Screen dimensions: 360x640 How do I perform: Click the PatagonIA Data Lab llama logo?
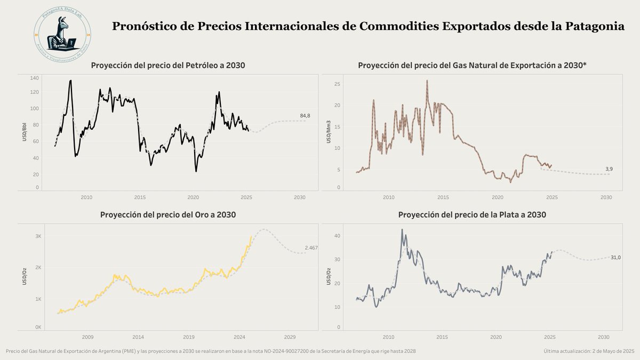coord(62,34)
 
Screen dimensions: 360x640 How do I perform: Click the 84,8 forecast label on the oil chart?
coord(305,115)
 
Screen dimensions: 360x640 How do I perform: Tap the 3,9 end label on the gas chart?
coord(609,169)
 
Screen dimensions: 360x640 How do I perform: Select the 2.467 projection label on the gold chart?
coord(311,248)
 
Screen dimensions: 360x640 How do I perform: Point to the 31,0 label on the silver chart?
coord(615,258)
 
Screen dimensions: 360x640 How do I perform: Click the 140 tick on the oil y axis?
coord(35,78)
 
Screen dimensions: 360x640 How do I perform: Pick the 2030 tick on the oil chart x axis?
coord(300,197)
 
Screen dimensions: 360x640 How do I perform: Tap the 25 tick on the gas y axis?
coord(337,84)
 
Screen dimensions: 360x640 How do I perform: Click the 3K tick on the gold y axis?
coord(38,236)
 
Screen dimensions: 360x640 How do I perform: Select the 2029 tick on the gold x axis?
coord(290,337)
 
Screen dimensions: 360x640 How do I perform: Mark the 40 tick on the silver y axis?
coord(338,236)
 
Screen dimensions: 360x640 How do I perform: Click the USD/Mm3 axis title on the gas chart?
coord(329,132)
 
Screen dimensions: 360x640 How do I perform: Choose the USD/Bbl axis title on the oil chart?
coord(25,132)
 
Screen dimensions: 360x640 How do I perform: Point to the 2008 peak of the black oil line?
coord(70,81)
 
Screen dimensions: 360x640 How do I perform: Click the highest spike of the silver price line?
coord(402,230)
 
